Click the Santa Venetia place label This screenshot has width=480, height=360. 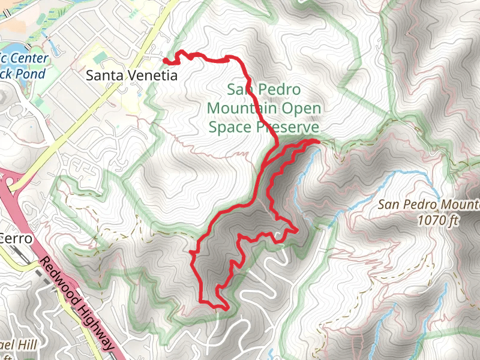point(132,76)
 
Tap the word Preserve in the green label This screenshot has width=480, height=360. point(287,127)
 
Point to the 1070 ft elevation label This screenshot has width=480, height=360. point(438,220)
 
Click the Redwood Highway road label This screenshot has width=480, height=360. point(77,305)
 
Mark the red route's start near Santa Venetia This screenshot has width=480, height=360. point(166,59)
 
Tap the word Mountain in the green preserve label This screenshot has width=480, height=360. point(242,109)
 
